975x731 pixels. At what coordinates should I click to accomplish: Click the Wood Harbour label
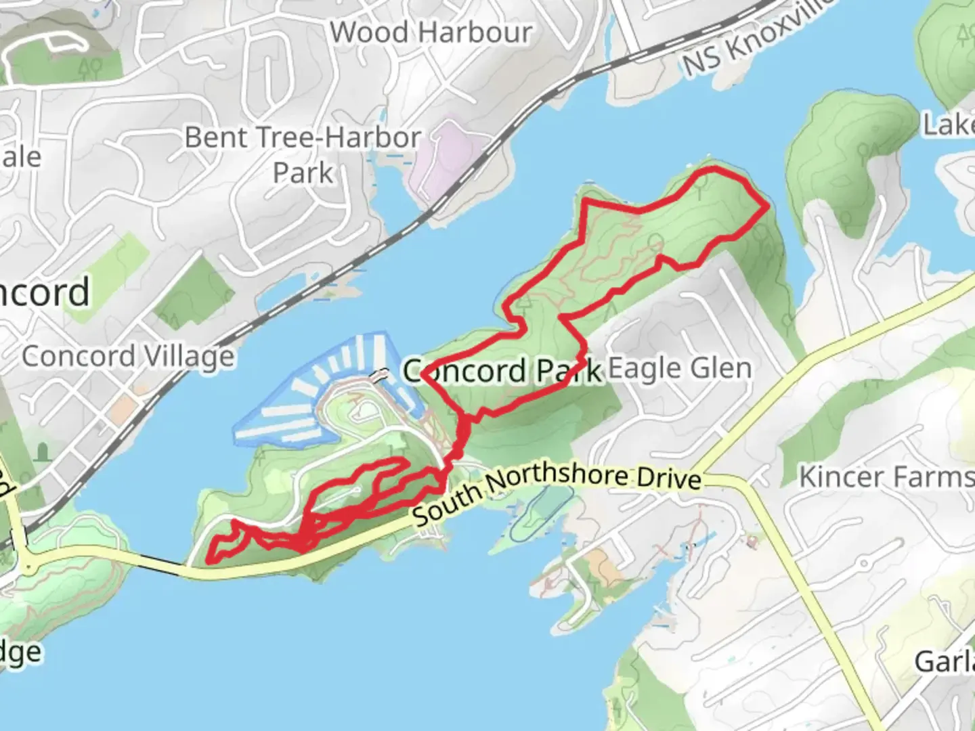click(431, 32)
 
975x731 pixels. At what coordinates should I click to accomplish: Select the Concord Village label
click(128, 356)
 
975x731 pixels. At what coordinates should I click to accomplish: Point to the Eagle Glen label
click(680, 369)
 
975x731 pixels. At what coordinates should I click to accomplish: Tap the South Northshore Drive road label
click(557, 489)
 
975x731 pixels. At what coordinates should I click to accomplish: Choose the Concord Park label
click(502, 371)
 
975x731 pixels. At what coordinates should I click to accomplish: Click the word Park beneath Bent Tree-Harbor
click(303, 173)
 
